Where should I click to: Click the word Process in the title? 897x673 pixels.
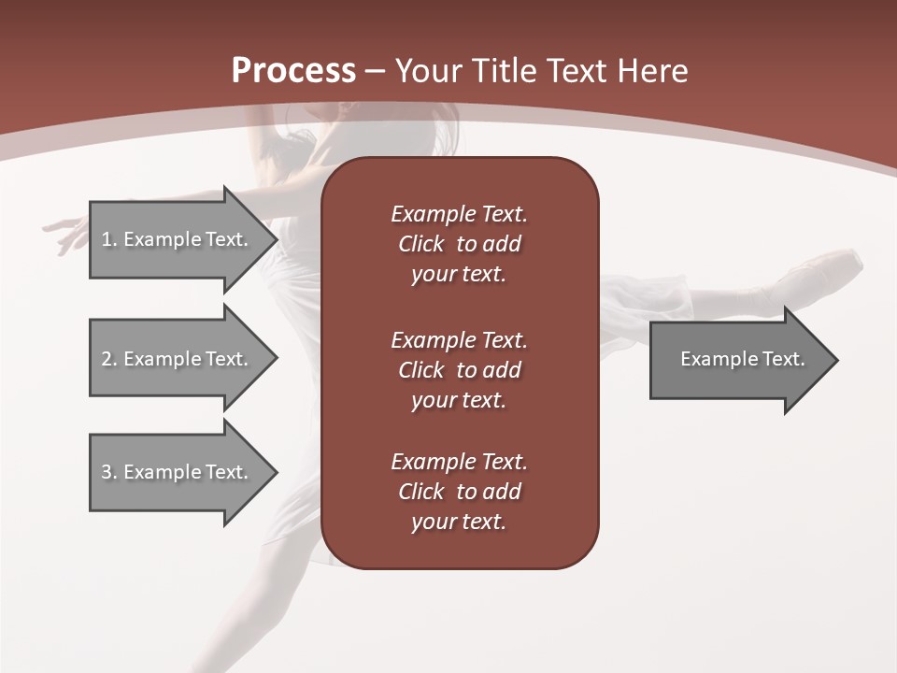pyautogui.click(x=293, y=71)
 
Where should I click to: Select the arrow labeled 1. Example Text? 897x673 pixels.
pyautogui.click(x=178, y=239)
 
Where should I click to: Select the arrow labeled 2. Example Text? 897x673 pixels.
pyautogui.click(x=178, y=359)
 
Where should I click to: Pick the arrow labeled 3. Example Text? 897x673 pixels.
pyautogui.click(x=178, y=472)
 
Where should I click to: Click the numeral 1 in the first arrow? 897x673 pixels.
pyautogui.click(x=107, y=239)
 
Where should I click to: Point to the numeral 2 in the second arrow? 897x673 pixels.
pyautogui.click(x=107, y=359)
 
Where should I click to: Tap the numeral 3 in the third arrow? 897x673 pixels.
pyautogui.click(x=107, y=472)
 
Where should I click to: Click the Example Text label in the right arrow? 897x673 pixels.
pyautogui.click(x=742, y=359)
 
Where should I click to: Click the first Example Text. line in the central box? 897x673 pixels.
pyautogui.click(x=459, y=214)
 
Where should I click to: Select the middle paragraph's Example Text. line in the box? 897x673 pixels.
pyautogui.click(x=459, y=339)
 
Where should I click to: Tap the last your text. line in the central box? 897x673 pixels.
pyautogui.click(x=459, y=522)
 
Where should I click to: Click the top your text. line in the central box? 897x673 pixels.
pyautogui.click(x=459, y=275)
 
